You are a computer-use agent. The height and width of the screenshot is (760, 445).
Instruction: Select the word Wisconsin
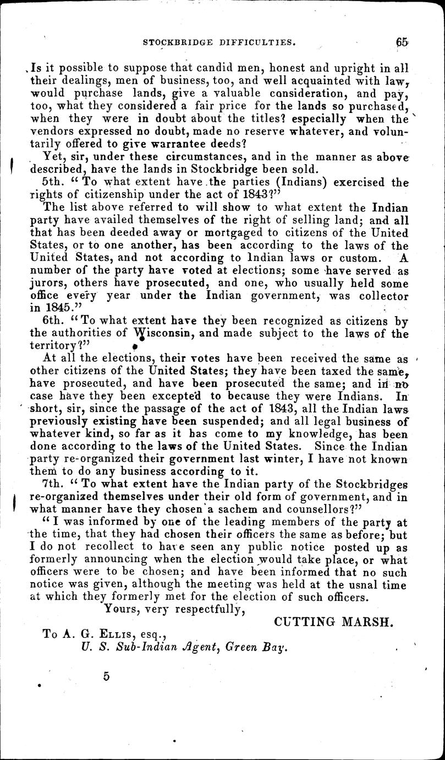click(x=165, y=334)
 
